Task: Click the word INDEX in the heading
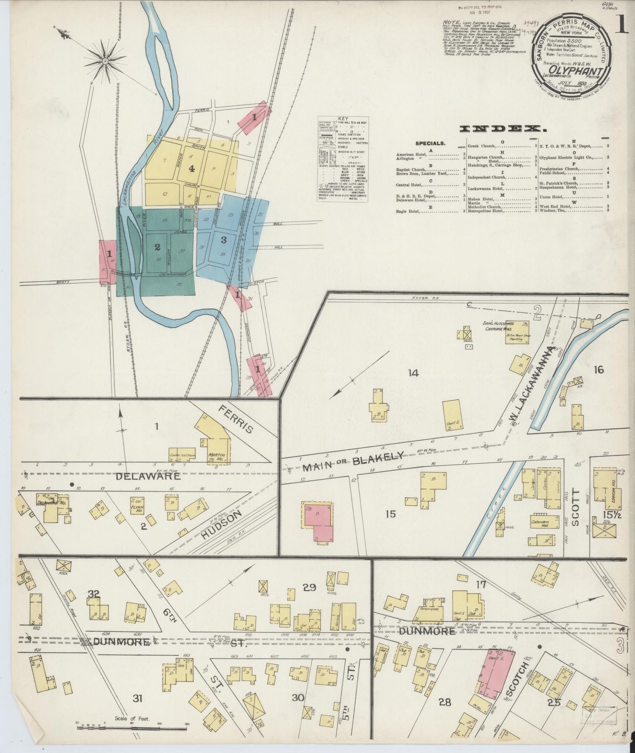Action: tap(500, 129)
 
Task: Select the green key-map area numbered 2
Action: tap(157, 247)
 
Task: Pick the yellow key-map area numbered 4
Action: tap(192, 169)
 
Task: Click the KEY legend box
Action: tap(343, 159)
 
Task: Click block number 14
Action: tap(413, 373)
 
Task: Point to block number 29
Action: tap(309, 587)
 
